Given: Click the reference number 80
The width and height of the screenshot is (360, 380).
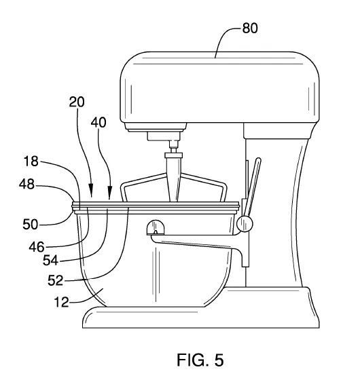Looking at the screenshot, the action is (250, 28).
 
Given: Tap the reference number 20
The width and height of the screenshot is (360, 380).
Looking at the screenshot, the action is (77, 102).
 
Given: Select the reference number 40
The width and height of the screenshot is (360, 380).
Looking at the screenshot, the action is (98, 122).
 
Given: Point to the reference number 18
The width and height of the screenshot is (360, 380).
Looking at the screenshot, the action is (31, 161).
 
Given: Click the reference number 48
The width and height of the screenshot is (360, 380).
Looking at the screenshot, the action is (26, 184).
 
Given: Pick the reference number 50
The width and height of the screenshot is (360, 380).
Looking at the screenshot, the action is (31, 225).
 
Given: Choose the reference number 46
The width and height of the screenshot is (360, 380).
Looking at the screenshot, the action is (37, 247).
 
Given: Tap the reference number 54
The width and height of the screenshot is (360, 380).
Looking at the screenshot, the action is (51, 261).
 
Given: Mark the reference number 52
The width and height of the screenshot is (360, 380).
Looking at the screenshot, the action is (56, 280).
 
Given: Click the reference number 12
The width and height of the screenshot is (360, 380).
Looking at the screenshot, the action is (61, 303).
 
